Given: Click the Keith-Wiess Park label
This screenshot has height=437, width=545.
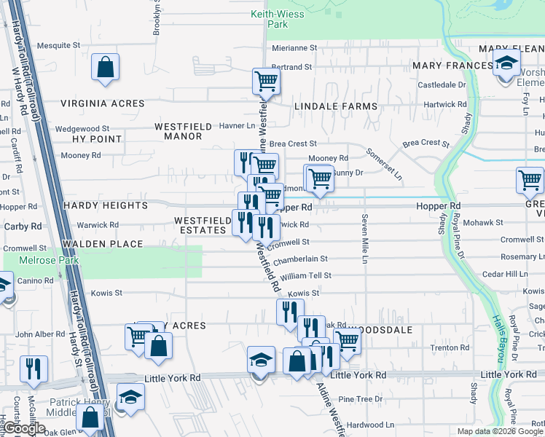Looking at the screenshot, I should (268, 19).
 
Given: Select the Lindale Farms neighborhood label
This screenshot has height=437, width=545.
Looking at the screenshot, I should (336, 106).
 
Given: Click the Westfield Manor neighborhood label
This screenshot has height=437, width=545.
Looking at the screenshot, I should (183, 131).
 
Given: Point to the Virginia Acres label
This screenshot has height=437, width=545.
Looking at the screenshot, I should (103, 103).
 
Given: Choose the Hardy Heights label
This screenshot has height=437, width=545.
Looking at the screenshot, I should (106, 205).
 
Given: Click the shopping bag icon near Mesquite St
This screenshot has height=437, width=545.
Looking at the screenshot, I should (106, 67).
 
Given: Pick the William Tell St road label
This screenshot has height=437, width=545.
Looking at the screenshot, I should (306, 276).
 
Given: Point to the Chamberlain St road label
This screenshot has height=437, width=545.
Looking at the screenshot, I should (301, 259).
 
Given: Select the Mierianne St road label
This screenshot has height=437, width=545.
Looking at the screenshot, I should (294, 47).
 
